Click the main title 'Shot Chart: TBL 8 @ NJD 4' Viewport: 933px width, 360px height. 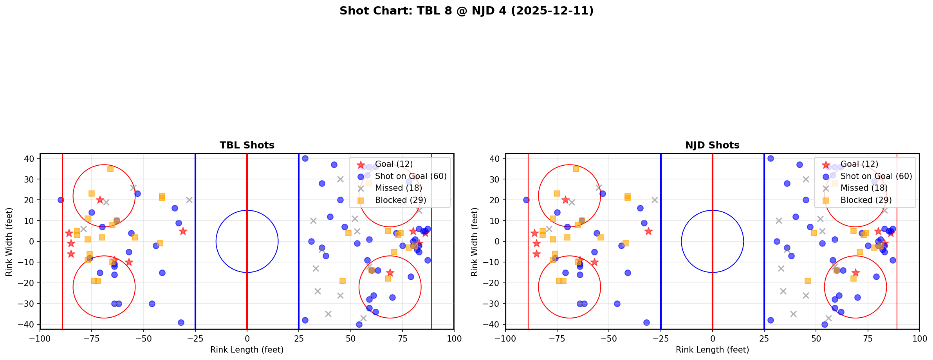[x=466, y=11]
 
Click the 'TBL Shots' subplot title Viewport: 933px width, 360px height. [x=247, y=145]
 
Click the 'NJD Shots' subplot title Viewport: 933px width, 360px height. [x=712, y=145]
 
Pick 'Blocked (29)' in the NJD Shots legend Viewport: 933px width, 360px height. [x=866, y=200]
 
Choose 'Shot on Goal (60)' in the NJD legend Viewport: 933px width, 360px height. [x=876, y=176]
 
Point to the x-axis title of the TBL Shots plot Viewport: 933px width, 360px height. [x=247, y=350]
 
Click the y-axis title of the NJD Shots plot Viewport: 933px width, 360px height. [x=475, y=241]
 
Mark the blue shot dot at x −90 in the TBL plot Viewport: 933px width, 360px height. [x=61, y=200]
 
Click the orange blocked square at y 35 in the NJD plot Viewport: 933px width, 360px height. [x=576, y=169]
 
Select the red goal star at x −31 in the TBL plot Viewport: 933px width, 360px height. [x=183, y=231]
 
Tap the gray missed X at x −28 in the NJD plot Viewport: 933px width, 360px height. [x=655, y=200]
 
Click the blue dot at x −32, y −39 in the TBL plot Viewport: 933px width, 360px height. [x=181, y=322]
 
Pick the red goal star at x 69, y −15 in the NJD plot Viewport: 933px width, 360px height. [x=855, y=273]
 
